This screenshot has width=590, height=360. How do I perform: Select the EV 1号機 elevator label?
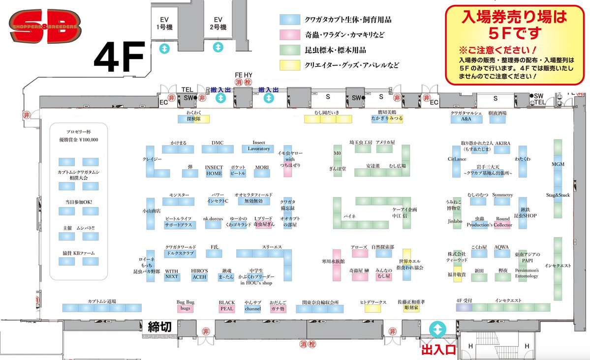(163, 24)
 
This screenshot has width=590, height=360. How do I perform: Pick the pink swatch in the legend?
(290, 34)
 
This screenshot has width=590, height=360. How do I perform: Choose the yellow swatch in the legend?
(290, 65)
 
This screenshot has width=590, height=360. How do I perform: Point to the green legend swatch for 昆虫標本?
(290, 50)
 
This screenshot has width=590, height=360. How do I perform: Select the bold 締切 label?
(159, 326)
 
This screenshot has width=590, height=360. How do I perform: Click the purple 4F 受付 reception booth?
(464, 307)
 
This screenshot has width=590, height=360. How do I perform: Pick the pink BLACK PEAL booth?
(226, 308)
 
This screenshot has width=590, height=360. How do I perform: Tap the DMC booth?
(217, 149)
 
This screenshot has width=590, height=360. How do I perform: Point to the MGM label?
(558, 164)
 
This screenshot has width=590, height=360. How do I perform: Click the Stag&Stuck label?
(558, 195)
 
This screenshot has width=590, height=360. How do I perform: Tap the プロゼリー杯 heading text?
(79, 132)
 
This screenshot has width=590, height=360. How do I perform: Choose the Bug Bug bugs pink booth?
(185, 308)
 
